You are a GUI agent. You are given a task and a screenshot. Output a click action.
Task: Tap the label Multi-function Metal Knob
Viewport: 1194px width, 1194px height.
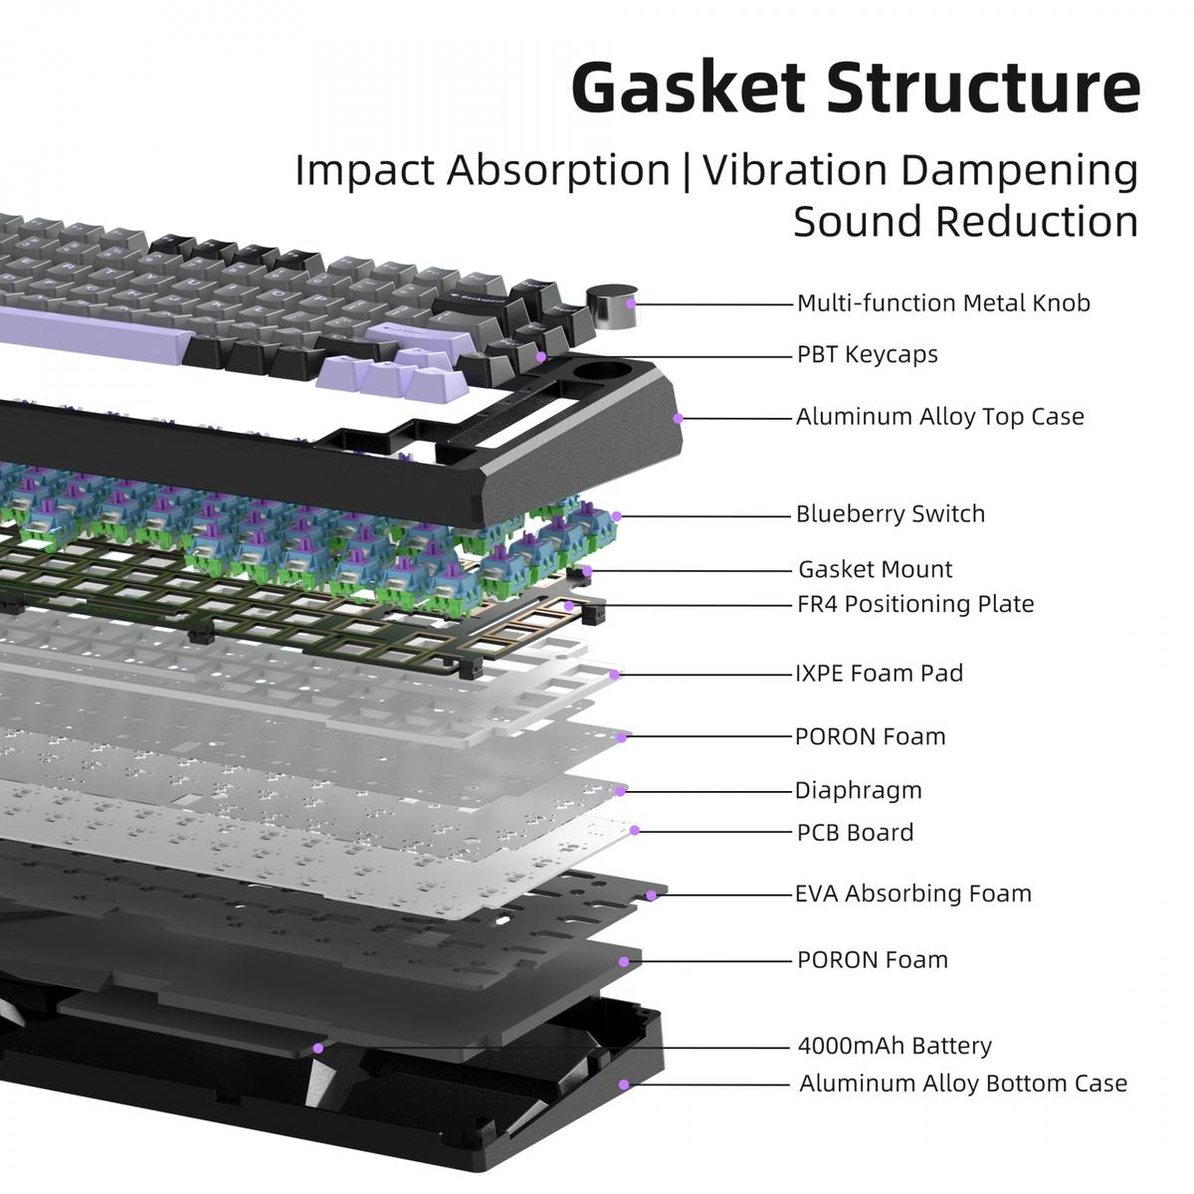(x=943, y=302)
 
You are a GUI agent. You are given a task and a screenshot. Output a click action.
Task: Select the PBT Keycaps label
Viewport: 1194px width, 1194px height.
(x=867, y=354)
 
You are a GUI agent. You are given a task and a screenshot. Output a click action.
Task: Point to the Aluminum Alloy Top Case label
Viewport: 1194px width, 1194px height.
(x=939, y=416)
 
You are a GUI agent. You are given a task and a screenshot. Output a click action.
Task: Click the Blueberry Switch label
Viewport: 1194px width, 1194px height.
(x=890, y=513)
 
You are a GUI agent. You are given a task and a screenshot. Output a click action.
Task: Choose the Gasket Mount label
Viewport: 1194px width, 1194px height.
(x=875, y=569)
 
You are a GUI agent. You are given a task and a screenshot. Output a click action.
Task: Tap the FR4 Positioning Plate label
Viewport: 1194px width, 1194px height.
(x=915, y=603)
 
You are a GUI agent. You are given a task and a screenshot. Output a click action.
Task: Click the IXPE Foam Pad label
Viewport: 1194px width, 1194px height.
(x=879, y=673)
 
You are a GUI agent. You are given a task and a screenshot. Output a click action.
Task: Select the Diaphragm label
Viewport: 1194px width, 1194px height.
(x=858, y=790)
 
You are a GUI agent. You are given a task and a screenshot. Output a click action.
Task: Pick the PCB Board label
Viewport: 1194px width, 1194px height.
(x=855, y=832)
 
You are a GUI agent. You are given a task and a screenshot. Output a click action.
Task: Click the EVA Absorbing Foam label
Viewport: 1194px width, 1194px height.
(x=912, y=893)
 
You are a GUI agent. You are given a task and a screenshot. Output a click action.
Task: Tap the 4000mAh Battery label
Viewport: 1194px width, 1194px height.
(x=895, y=1046)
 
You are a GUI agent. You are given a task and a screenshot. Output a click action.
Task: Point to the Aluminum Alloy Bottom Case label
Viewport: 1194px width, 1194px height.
(x=963, y=1083)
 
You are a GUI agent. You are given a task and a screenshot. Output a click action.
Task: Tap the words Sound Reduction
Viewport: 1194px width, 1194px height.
(x=965, y=221)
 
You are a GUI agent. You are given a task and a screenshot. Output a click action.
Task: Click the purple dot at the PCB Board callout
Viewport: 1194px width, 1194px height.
(x=635, y=830)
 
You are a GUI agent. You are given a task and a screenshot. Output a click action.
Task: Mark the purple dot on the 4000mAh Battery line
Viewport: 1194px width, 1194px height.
(x=318, y=1047)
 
